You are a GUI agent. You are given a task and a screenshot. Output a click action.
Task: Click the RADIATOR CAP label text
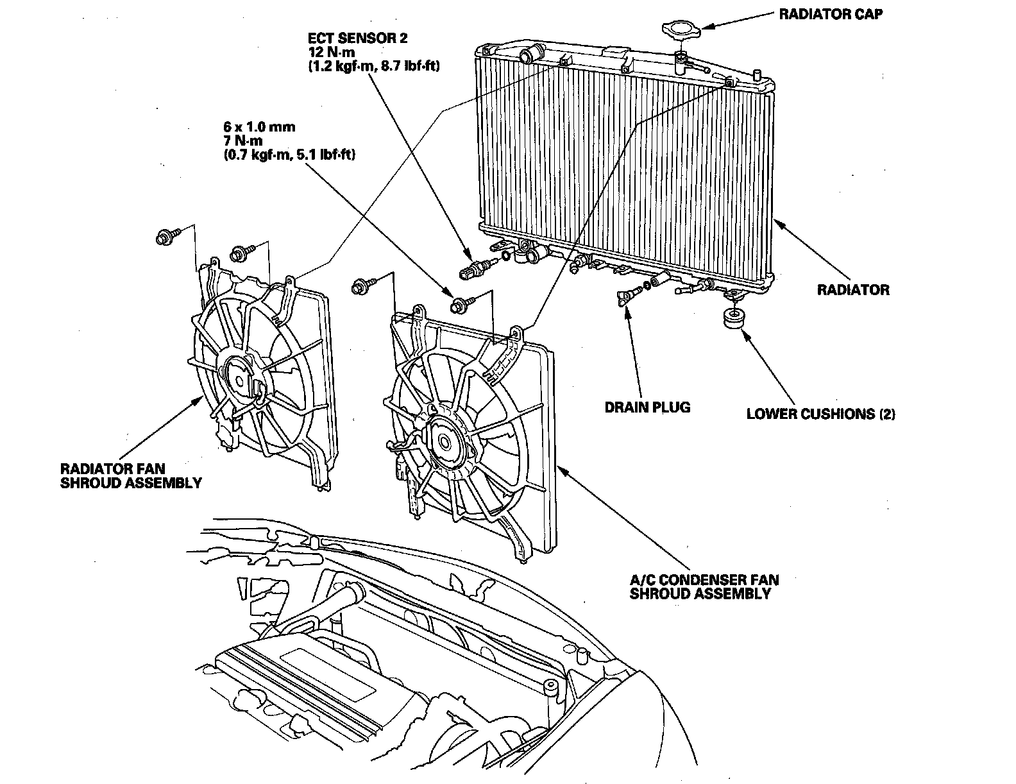[x=831, y=14]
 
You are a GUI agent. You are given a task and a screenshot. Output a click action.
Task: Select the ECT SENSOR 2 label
[x=357, y=38]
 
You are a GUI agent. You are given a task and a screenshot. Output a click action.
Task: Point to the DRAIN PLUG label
[x=648, y=407]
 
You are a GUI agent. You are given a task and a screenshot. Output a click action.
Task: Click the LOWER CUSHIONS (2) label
[x=820, y=414]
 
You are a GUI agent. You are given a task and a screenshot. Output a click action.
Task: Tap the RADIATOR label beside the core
[x=853, y=290]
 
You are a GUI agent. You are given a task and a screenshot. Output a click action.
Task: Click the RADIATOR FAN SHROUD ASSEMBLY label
[x=131, y=475]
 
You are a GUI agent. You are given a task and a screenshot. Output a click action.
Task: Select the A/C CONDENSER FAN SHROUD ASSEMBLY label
[x=704, y=587]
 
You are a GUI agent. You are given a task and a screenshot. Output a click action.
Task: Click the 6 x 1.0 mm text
[x=264, y=126]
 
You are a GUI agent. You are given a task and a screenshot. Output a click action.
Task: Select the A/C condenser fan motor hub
[x=444, y=441]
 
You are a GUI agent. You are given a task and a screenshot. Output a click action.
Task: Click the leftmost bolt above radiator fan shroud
[x=164, y=237]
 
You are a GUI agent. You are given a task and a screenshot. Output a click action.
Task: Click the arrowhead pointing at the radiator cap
[x=704, y=26]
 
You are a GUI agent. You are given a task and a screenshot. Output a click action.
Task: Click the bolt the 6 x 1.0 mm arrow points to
[x=461, y=306]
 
